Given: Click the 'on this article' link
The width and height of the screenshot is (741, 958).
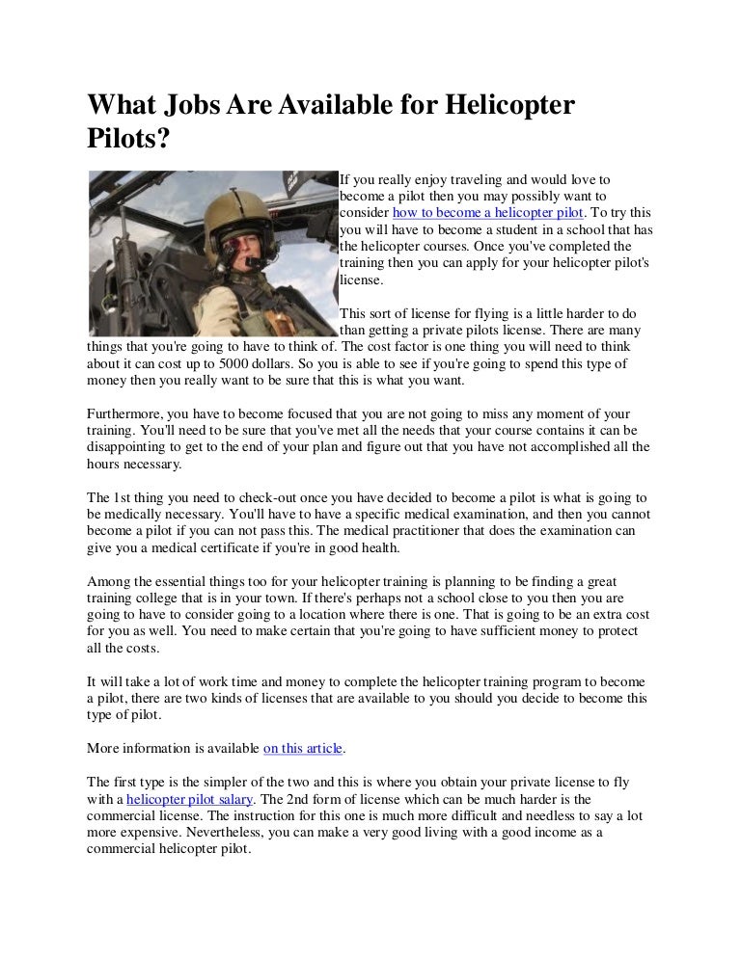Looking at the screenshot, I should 304,747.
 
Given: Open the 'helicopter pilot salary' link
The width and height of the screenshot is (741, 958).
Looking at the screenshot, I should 190,799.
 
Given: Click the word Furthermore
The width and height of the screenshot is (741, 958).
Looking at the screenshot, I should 124,413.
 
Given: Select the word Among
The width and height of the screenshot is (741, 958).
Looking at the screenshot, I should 109,582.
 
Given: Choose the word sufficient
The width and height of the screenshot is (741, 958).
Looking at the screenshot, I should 512,631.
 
